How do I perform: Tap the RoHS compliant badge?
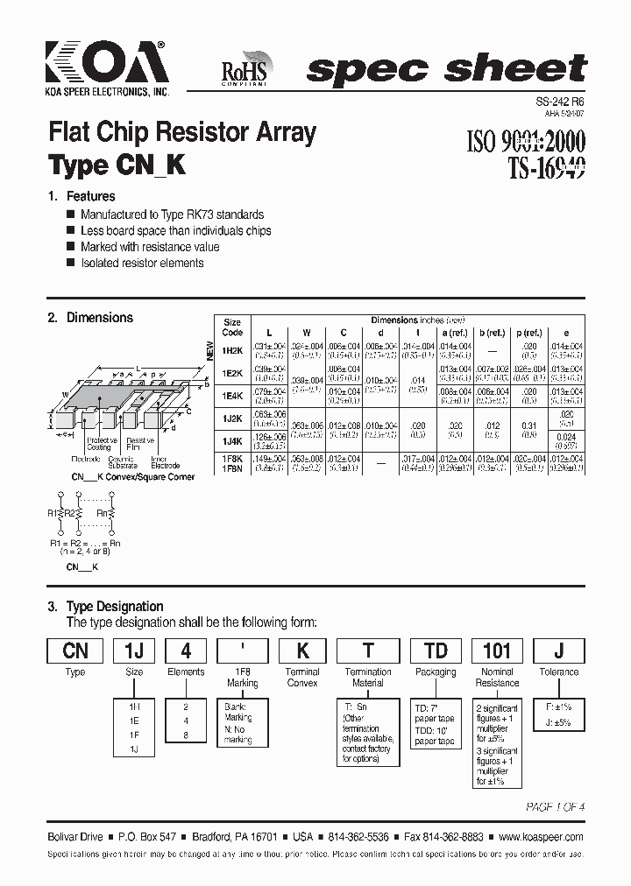[x=248, y=69]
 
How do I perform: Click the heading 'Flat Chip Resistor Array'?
[x=181, y=133]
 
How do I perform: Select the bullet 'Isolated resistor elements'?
[x=142, y=263]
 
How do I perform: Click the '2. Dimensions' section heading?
[x=91, y=318]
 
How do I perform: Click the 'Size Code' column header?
[x=232, y=327]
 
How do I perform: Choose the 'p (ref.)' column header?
[x=528, y=333]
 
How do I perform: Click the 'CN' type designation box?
[x=75, y=650]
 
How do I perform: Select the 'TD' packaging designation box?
[x=436, y=650]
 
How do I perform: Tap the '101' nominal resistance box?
[x=497, y=650]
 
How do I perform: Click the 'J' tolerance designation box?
[x=559, y=650]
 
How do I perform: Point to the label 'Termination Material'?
[x=368, y=677]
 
